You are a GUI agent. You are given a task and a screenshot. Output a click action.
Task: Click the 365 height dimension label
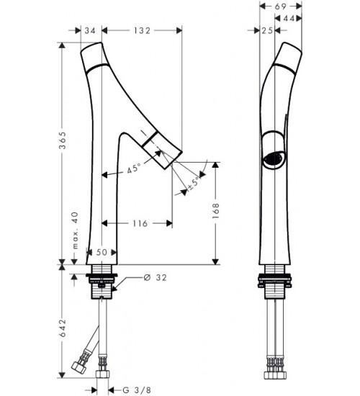(63, 140)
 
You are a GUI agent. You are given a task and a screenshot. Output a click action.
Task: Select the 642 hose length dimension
(63, 328)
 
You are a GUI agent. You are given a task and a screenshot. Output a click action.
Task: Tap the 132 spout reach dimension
(142, 30)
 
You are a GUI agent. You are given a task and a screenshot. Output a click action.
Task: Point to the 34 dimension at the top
(90, 30)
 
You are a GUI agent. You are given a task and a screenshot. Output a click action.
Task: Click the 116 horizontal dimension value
(140, 223)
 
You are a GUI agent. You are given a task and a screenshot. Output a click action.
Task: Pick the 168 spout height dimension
(215, 211)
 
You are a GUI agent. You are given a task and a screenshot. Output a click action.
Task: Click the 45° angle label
(134, 168)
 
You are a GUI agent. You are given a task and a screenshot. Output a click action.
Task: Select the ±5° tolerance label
(194, 184)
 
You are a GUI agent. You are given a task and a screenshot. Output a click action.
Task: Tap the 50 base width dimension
(102, 252)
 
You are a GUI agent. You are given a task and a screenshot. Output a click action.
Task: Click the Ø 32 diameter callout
(155, 277)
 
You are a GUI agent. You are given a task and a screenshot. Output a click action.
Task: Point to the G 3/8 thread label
(137, 390)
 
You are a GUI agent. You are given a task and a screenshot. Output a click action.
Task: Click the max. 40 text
(76, 230)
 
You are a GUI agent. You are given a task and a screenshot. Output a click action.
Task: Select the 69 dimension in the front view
(280, 6)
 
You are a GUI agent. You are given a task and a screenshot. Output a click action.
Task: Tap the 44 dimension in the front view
(288, 18)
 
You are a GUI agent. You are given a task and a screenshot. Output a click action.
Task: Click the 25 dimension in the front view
(267, 30)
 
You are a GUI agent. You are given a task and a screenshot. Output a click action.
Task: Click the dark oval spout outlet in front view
(274, 158)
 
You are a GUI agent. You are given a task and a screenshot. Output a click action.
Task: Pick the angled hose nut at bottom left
(78, 366)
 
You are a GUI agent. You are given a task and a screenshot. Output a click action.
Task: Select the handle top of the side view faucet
(93, 56)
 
